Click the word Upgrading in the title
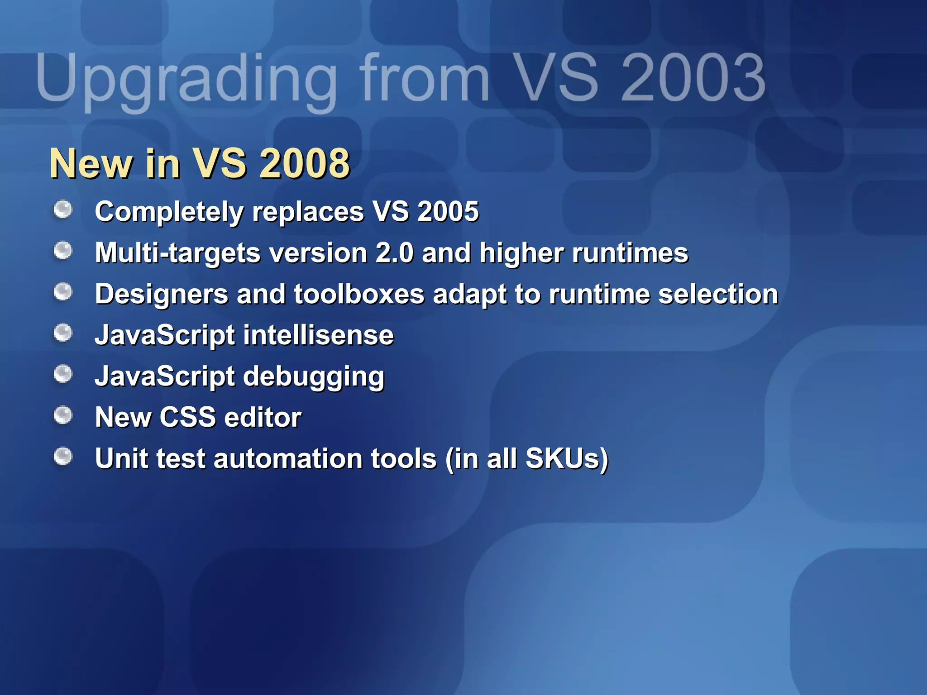186,79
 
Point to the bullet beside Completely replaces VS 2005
63,209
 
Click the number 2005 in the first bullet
448,211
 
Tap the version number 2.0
394,252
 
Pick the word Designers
161,294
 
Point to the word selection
718,294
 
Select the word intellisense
319,335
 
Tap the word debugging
314,377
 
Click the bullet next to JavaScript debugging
63,374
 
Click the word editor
263,417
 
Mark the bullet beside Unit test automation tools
63,456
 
